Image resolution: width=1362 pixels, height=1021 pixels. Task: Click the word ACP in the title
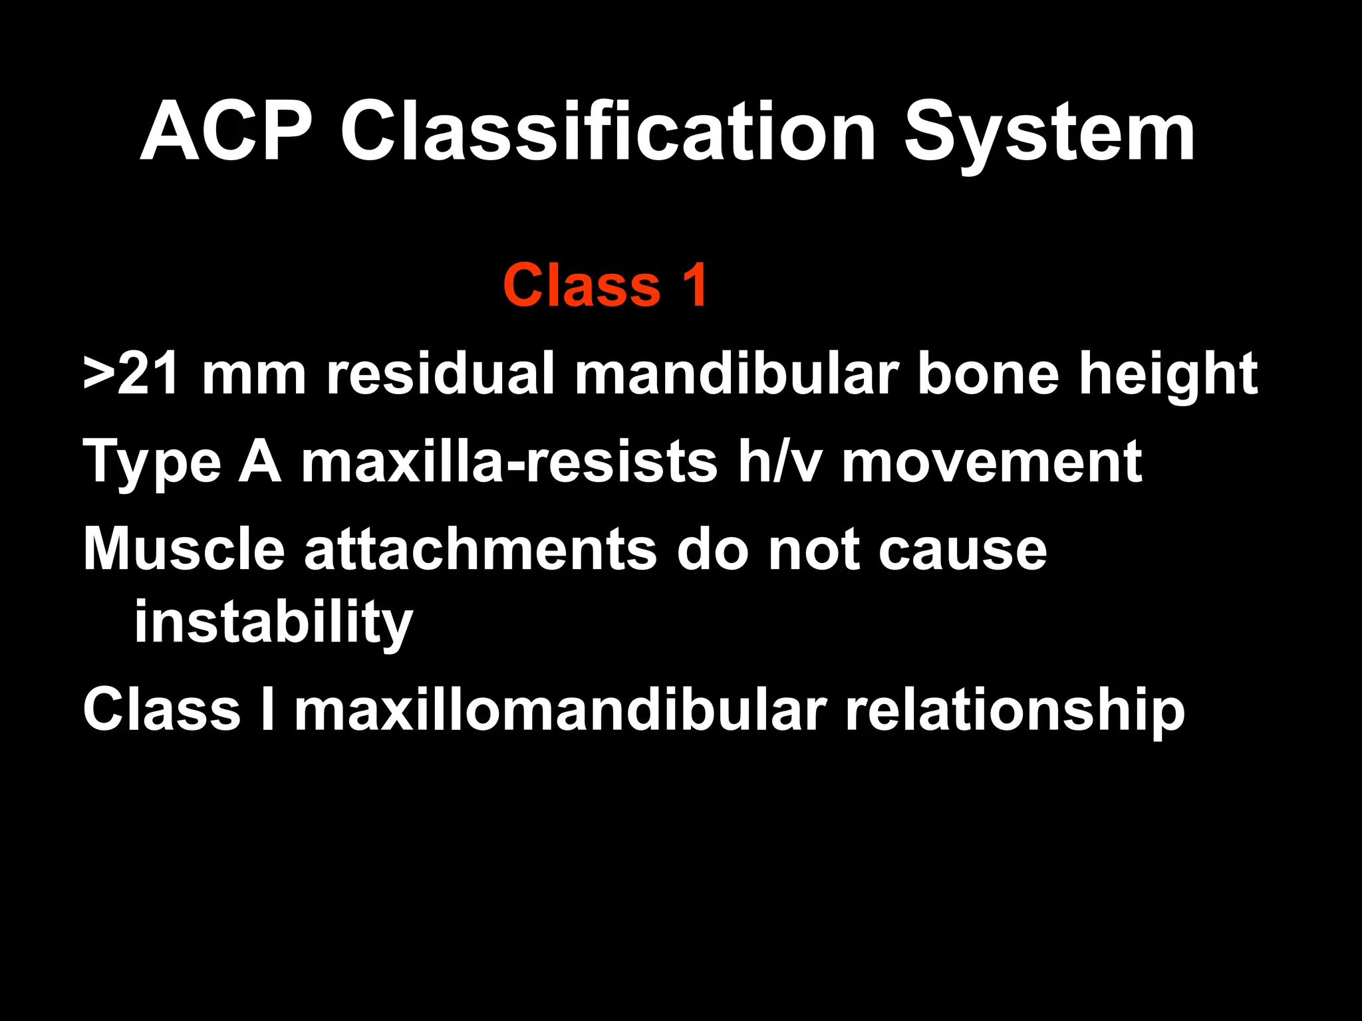click(226, 132)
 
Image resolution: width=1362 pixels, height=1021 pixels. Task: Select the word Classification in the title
click(608, 132)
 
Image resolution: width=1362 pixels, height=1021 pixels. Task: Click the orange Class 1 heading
click(605, 285)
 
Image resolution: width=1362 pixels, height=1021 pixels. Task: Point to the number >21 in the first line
click(131, 374)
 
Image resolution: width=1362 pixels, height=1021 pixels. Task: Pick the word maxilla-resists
click(509, 462)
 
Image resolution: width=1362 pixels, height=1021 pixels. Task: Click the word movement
click(992, 462)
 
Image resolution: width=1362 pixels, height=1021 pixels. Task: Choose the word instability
click(273, 623)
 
